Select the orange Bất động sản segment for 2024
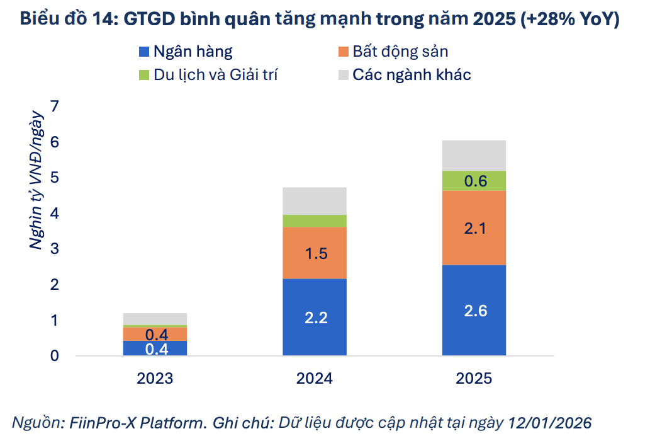click(315, 252)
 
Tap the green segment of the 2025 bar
click(474, 181)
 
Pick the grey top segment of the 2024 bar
click(315, 200)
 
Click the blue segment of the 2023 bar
click(155, 348)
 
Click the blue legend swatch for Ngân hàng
click(143, 52)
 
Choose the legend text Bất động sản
click(400, 52)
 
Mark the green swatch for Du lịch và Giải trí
click(143, 75)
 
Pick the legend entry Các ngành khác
click(412, 75)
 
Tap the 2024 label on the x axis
click(315, 379)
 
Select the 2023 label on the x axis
click(155, 379)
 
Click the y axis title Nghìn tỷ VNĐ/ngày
click(36, 180)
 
